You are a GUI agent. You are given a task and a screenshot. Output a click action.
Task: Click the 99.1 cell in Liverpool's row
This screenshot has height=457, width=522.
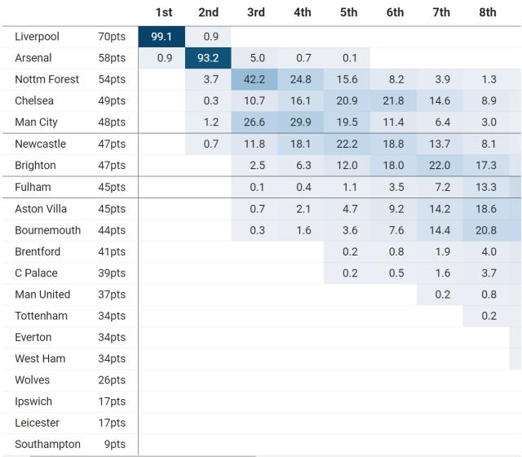pyautogui.click(x=162, y=37)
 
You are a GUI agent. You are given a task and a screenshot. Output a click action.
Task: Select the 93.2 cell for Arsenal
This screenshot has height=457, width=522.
pyautogui.click(x=209, y=59)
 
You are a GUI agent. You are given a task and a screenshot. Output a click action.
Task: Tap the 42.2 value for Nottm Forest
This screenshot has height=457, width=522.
pyautogui.click(x=255, y=79)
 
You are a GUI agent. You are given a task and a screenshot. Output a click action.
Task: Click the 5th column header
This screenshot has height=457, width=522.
pyautogui.click(x=348, y=12)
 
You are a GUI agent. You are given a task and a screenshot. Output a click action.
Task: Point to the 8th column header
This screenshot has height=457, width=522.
pyautogui.click(x=488, y=12)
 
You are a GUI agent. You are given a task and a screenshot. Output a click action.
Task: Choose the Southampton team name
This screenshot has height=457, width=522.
pyautogui.click(x=47, y=444)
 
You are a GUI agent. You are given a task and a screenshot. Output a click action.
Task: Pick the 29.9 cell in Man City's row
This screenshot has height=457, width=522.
pyautogui.click(x=302, y=122)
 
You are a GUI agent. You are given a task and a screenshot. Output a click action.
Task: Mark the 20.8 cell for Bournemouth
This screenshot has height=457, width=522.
pyautogui.click(x=488, y=230)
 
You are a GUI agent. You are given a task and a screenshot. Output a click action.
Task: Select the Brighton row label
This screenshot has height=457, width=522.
pyautogui.click(x=36, y=165)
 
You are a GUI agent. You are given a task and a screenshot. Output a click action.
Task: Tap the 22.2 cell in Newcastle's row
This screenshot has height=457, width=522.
pyautogui.click(x=348, y=144)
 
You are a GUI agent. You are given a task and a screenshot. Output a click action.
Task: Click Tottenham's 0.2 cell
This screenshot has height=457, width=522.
pyautogui.click(x=488, y=316)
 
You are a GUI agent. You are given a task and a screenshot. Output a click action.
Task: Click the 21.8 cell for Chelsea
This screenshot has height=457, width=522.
pyautogui.click(x=395, y=100)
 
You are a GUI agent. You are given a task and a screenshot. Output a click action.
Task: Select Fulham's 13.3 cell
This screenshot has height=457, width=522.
pyautogui.click(x=488, y=187)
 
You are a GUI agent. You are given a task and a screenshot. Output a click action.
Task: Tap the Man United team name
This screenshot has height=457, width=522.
pyautogui.click(x=42, y=294)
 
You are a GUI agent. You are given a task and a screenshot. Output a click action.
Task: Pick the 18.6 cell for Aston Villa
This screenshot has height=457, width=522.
pyautogui.click(x=488, y=209)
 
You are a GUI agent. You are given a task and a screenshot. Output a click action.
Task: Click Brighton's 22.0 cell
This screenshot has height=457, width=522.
pyautogui.click(x=441, y=165)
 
